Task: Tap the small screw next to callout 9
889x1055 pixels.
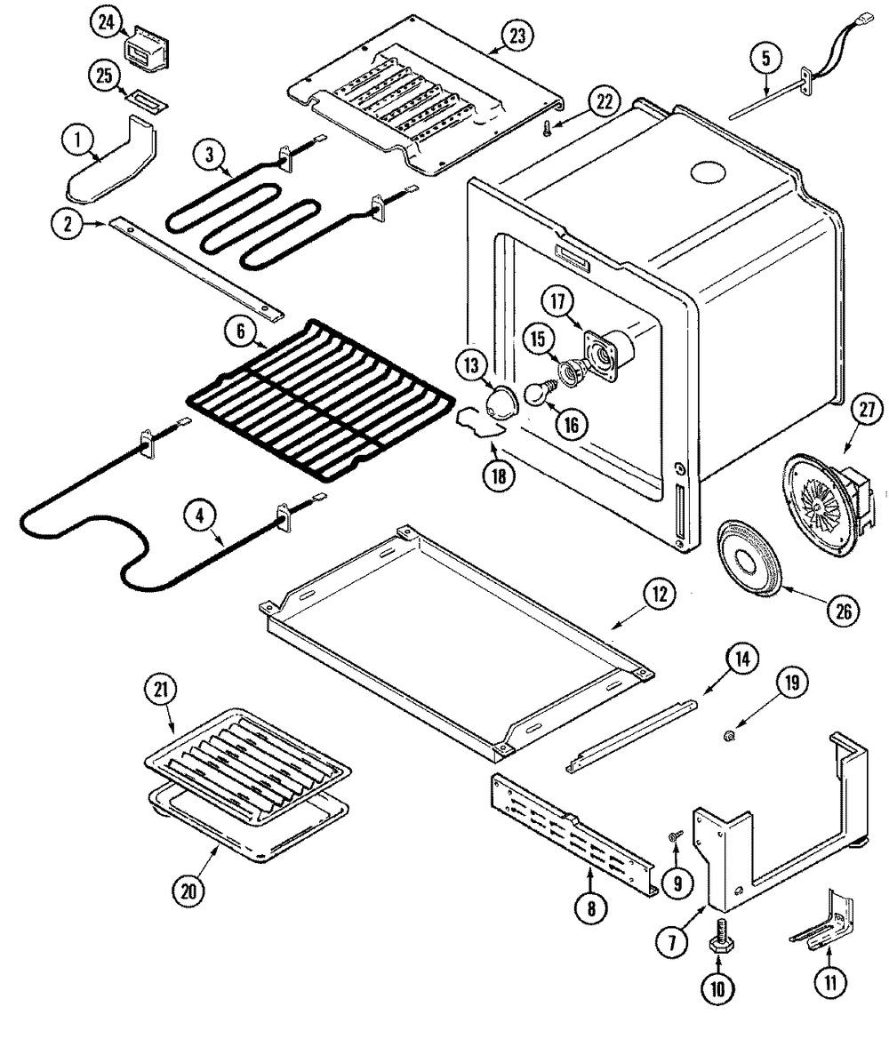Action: pos(676,835)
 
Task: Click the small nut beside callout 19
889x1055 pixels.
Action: pos(728,734)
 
